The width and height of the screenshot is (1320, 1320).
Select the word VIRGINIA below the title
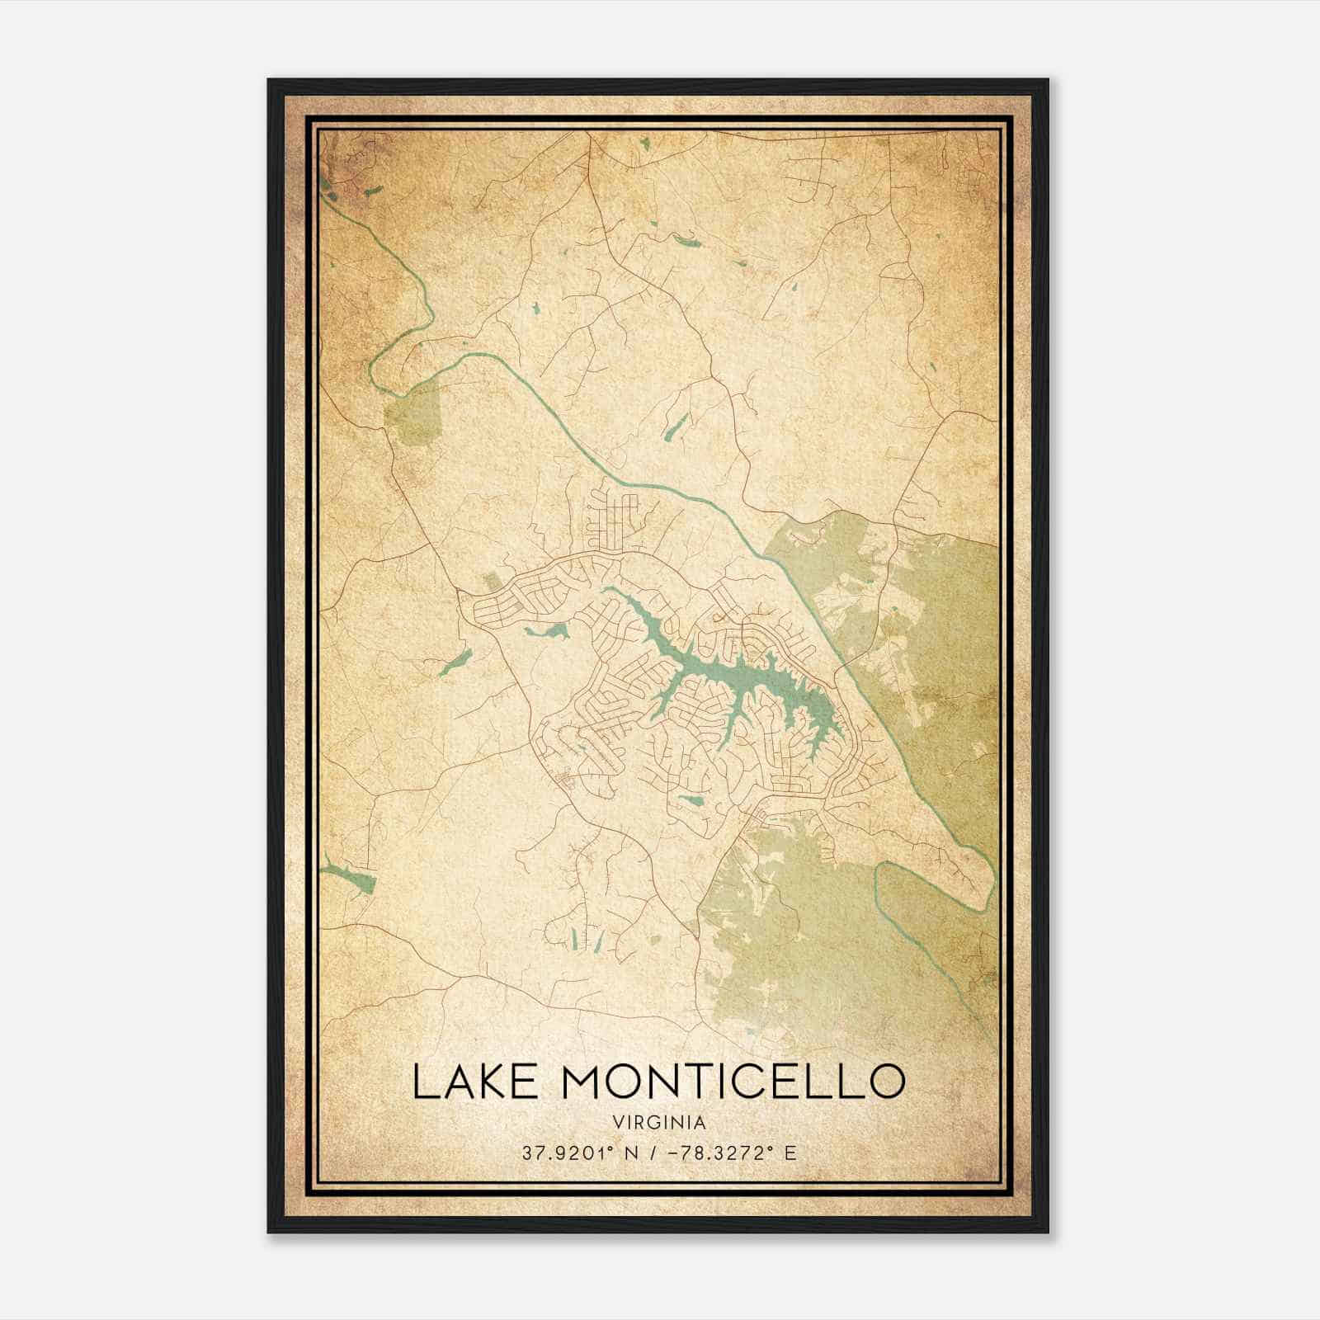pyautogui.click(x=659, y=1123)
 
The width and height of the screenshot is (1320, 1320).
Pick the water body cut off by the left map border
pyautogui.click(x=351, y=878)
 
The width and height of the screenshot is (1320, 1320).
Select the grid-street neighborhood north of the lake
pyautogui.click(x=615, y=516)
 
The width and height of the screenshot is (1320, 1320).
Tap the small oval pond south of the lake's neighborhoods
pyautogui.click(x=690, y=800)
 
